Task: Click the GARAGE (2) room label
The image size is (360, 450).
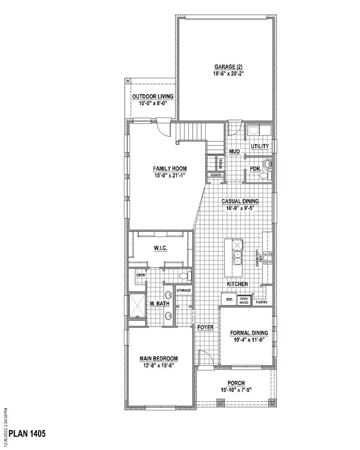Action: click(226, 67)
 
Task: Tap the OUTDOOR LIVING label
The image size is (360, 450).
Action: click(152, 97)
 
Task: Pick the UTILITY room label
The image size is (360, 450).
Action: click(260, 146)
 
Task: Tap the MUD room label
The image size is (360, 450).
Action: click(234, 151)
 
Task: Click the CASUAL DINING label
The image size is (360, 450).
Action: click(240, 201)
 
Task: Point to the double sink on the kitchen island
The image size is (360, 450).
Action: click(238, 258)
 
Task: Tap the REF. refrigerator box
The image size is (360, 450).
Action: click(229, 299)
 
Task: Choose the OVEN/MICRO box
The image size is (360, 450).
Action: click(244, 301)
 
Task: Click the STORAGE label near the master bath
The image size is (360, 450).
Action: click(184, 291)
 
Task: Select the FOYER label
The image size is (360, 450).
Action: click(206, 327)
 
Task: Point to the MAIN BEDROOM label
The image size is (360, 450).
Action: click(158, 358)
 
